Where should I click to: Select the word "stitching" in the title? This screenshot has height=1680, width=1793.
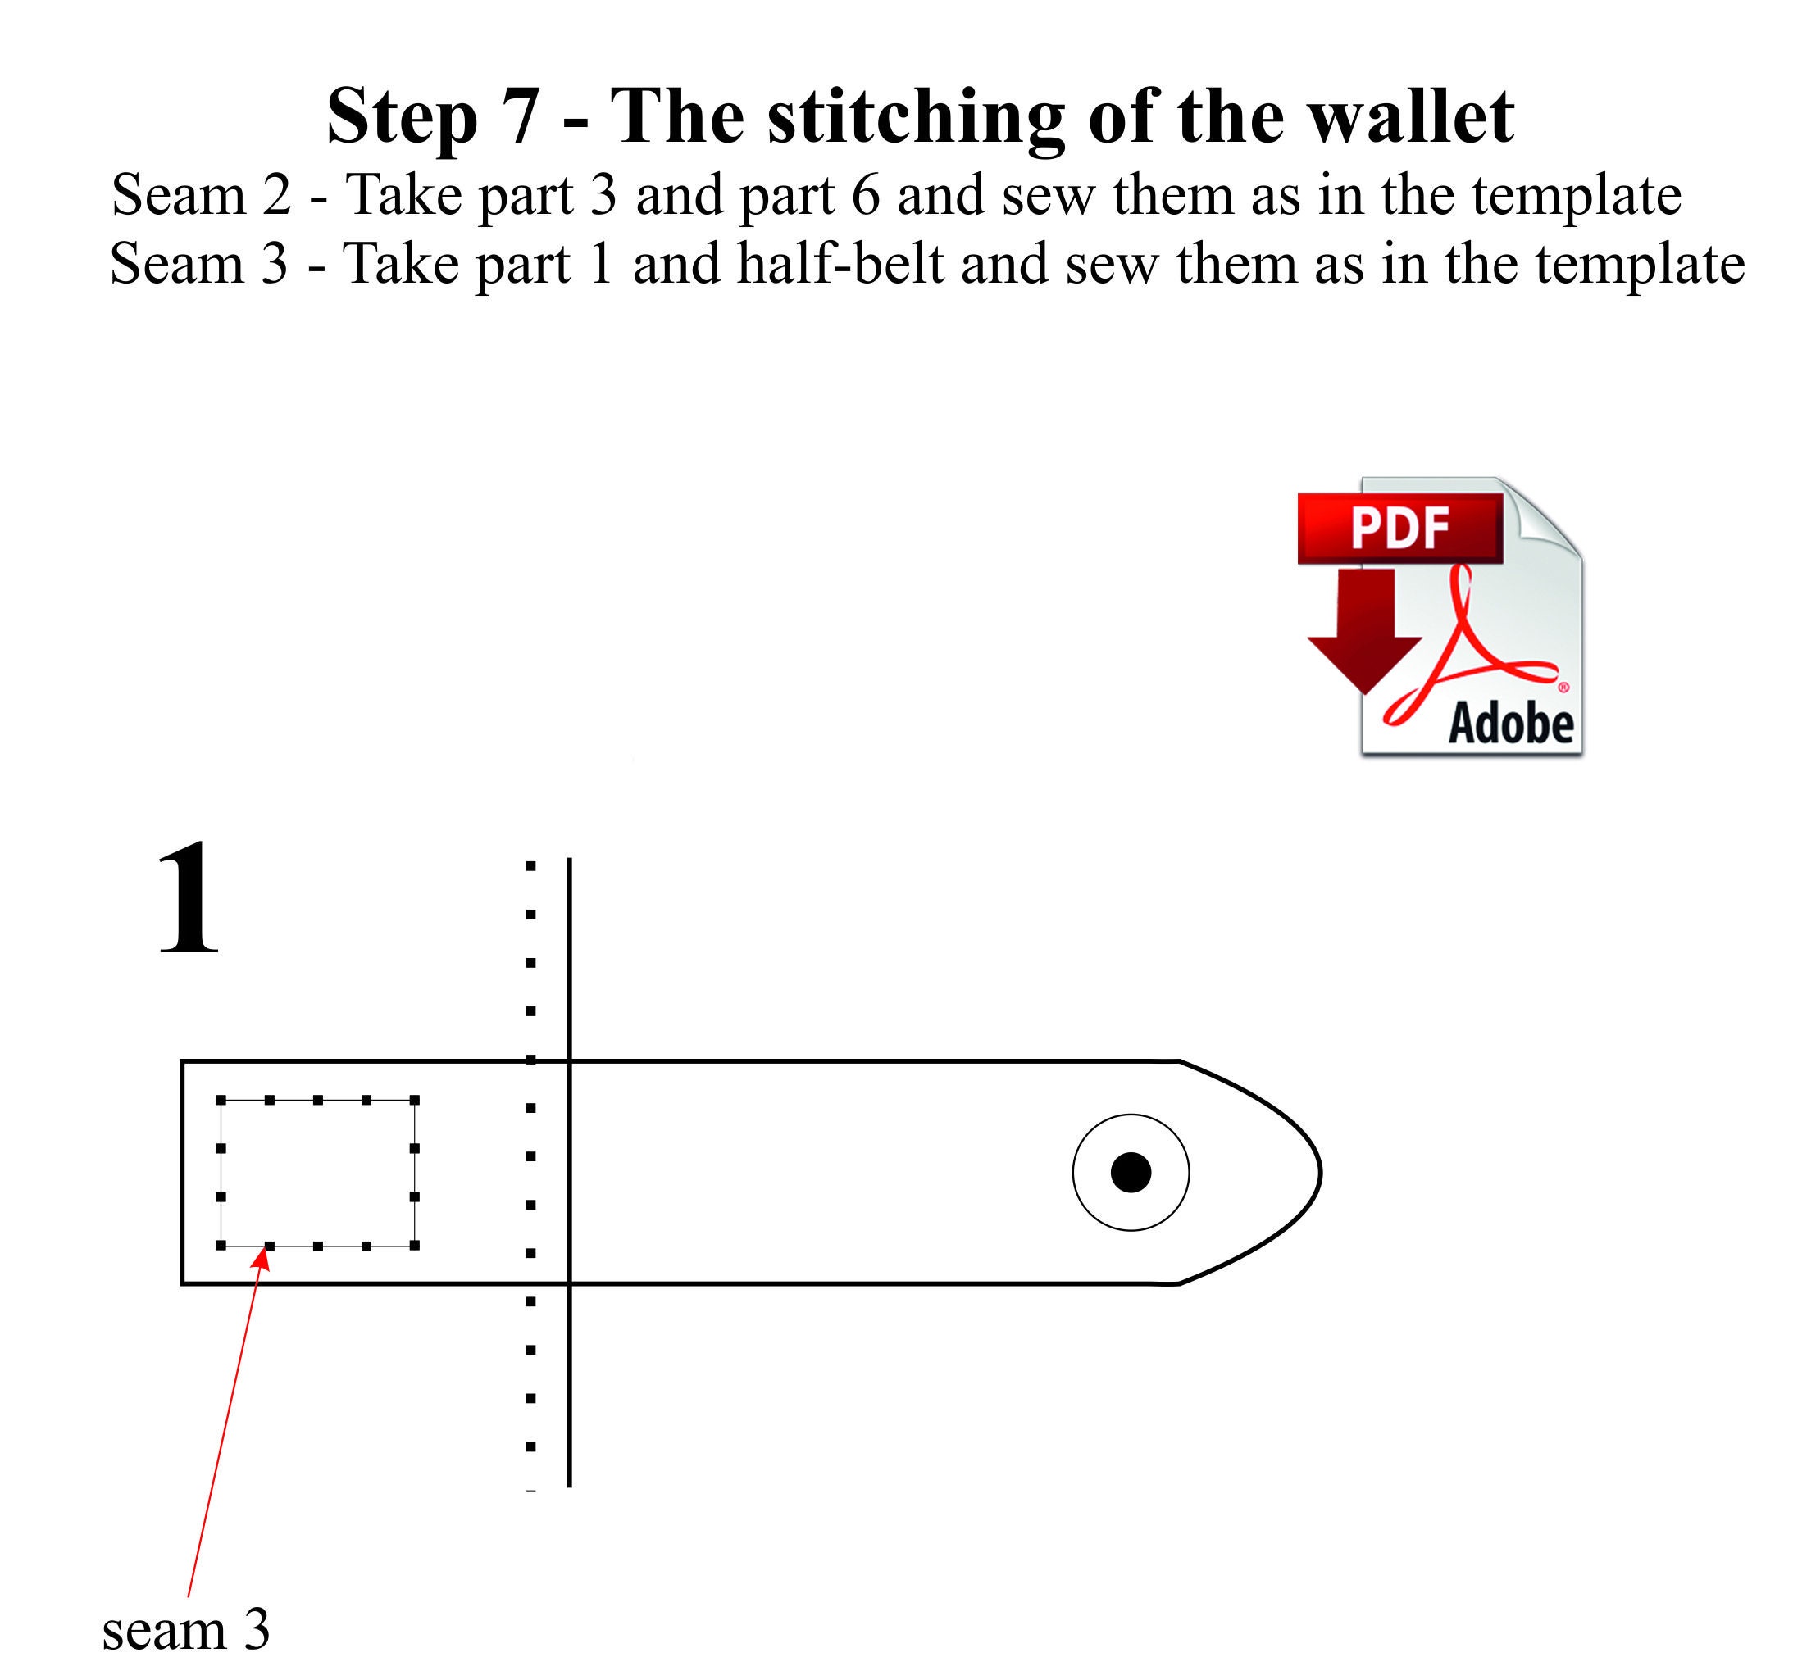[x=916, y=117]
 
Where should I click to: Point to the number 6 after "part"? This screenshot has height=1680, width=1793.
[x=865, y=195]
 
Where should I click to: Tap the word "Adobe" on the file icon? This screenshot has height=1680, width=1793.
[x=1511, y=724]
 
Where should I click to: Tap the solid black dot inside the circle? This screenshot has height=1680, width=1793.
[x=1131, y=1172]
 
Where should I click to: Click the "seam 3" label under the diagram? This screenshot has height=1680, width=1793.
[x=186, y=1629]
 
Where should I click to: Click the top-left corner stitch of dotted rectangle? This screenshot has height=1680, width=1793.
[x=221, y=1100]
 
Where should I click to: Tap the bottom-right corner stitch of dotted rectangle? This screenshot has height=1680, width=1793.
[x=415, y=1246]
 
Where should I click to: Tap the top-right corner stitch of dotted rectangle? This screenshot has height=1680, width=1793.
[x=415, y=1100]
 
